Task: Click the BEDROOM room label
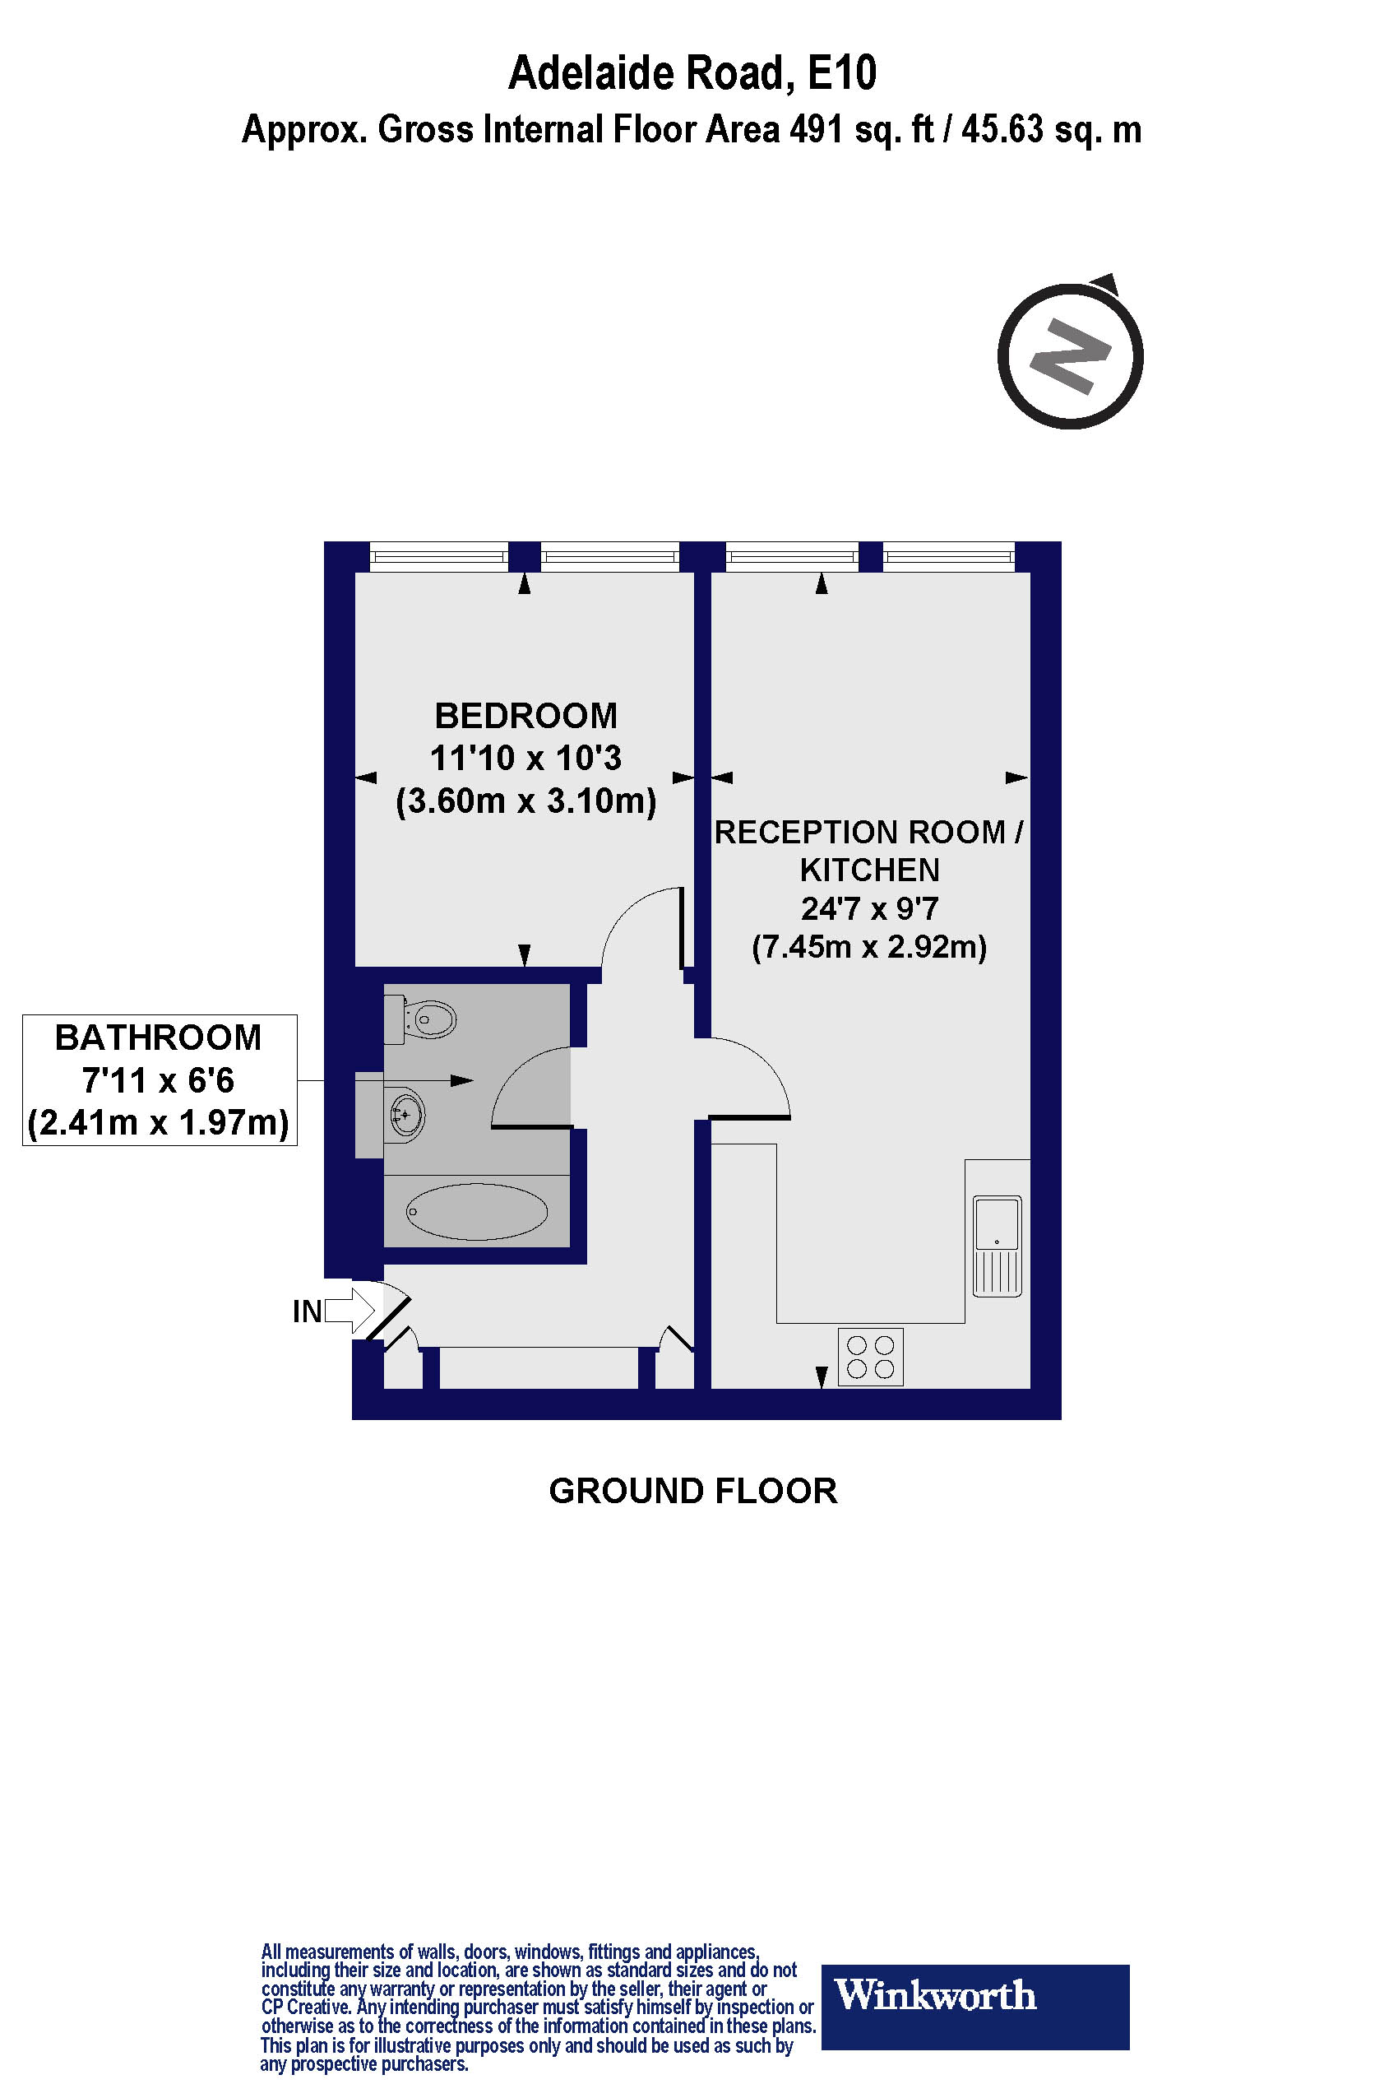pyautogui.click(x=525, y=717)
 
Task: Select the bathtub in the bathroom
pyautogui.click(x=477, y=1211)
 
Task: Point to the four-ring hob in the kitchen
pyautogui.click(x=870, y=1357)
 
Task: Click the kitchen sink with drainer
pyautogui.click(x=997, y=1246)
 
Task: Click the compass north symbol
pyautogui.click(x=1070, y=356)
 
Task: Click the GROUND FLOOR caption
pyautogui.click(x=692, y=1492)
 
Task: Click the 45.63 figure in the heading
pyautogui.click(x=1002, y=130)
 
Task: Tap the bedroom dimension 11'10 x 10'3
pyautogui.click(x=525, y=759)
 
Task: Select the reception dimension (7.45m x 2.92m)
pyautogui.click(x=869, y=946)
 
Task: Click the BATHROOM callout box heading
pyautogui.click(x=159, y=1038)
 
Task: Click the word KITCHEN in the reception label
pyautogui.click(x=869, y=870)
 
